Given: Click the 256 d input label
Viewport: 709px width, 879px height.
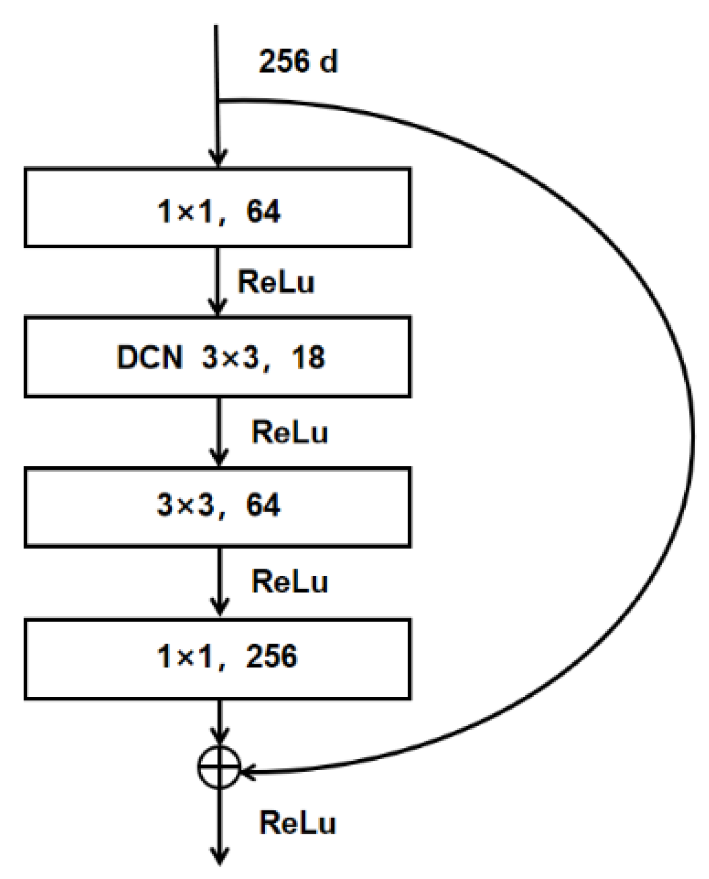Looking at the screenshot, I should tap(298, 61).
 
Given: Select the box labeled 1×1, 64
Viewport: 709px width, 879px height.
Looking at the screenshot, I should tap(218, 207).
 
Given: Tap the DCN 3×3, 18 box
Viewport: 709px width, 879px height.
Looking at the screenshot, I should tap(218, 357).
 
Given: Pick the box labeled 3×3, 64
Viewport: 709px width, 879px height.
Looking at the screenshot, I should tap(218, 506).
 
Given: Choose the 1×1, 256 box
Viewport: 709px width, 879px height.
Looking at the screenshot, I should tap(218, 658).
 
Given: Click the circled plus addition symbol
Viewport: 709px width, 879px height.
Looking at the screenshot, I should tap(219, 767).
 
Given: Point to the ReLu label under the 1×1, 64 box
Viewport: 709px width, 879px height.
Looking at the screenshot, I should tap(276, 282).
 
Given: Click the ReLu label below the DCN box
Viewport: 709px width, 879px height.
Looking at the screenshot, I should tap(289, 432).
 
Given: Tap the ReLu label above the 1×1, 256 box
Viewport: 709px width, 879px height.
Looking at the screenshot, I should tap(289, 582).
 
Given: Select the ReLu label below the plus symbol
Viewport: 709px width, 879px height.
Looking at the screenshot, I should tap(297, 822).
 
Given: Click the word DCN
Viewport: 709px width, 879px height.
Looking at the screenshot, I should tap(150, 357).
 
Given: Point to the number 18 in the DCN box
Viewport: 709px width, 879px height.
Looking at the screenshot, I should tap(308, 357).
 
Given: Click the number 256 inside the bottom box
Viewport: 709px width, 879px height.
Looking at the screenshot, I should tap(271, 656).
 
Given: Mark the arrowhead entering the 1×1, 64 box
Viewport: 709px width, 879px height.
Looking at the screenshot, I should tap(218, 158).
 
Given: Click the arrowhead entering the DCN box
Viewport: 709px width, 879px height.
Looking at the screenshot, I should tap(218, 307).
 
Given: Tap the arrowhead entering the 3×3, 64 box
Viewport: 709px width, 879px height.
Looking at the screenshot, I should tap(219, 457).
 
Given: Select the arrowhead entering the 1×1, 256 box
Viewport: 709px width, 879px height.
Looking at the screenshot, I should tap(220, 607).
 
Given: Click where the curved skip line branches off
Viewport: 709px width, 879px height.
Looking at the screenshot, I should tap(219, 101).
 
